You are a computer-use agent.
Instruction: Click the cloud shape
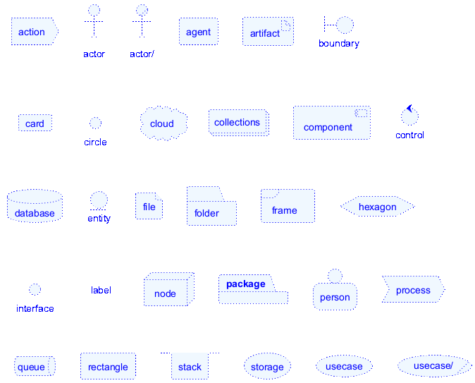tap(164, 123)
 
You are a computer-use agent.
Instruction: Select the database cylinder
tap(35, 206)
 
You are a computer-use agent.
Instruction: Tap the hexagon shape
tap(378, 207)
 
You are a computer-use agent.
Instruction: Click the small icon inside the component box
tap(361, 113)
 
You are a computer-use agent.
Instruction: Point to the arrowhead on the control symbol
tap(409, 108)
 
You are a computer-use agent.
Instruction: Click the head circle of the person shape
tap(335, 276)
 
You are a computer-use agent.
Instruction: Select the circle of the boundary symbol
tap(345, 25)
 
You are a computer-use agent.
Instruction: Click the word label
tap(101, 290)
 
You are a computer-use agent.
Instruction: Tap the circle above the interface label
tap(35, 289)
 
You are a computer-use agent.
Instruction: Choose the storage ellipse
tap(267, 366)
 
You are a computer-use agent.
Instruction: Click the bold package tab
tap(247, 284)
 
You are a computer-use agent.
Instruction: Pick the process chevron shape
tap(414, 289)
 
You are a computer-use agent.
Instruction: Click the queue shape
tap(35, 366)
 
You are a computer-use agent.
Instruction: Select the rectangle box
tap(108, 366)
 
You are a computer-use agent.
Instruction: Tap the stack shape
tap(190, 366)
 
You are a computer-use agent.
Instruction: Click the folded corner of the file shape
tap(159, 197)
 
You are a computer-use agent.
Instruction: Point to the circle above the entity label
tap(99, 200)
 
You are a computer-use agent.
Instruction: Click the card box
tap(35, 123)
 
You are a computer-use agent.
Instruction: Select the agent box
tap(199, 32)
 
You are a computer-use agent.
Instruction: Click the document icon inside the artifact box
tap(286, 25)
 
